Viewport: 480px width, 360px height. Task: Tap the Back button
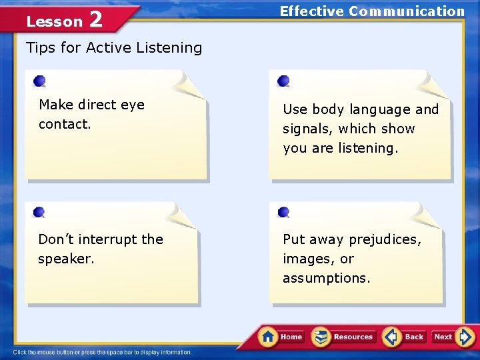click(405, 337)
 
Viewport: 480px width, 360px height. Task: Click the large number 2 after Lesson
click(95, 20)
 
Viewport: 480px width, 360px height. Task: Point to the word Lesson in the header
click(54, 21)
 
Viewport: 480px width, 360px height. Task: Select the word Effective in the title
click(311, 11)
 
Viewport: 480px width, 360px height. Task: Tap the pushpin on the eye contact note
click(39, 81)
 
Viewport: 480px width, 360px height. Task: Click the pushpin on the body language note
click(283, 81)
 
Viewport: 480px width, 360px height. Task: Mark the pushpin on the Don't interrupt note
click(39, 212)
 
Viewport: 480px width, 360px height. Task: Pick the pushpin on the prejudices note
click(283, 211)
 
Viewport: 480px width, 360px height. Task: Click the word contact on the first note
click(65, 124)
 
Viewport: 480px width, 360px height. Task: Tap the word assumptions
click(326, 278)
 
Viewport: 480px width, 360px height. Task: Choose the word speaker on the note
click(65, 258)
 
